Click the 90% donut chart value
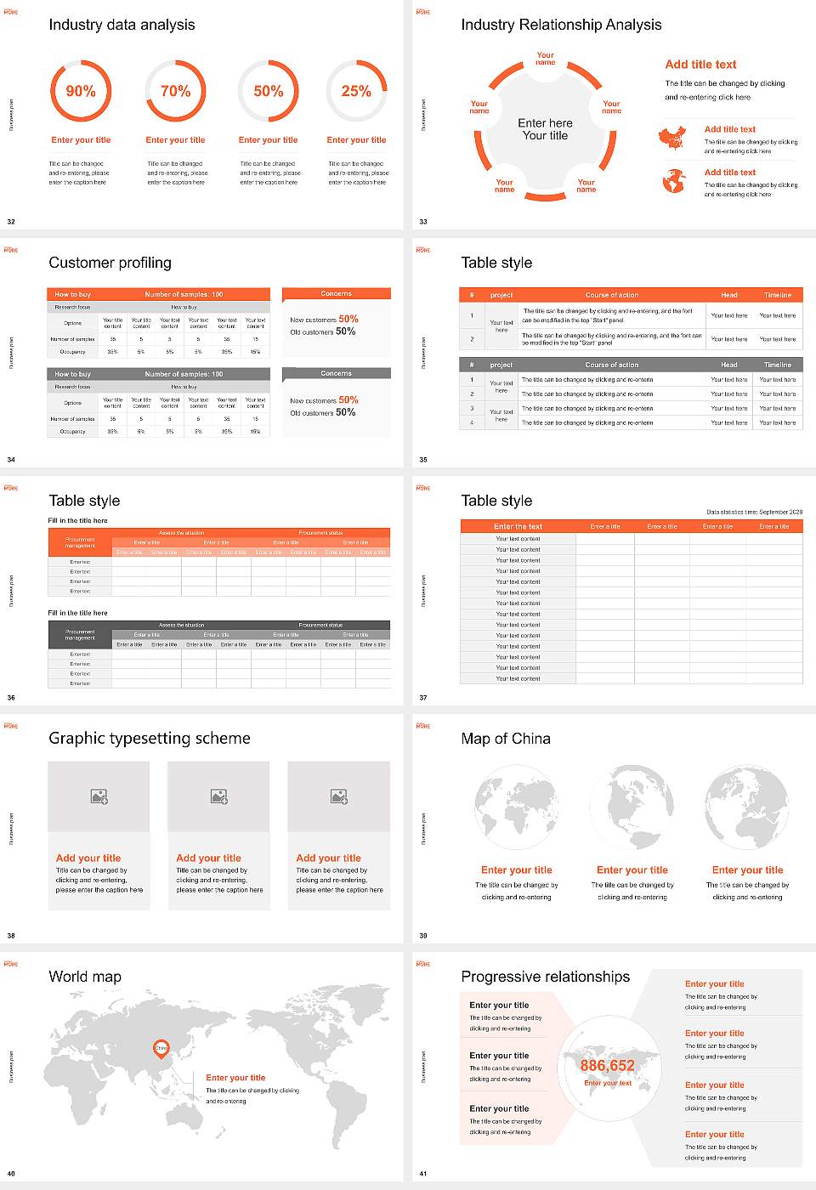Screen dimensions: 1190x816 coord(81,91)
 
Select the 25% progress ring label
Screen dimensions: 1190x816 coord(356,91)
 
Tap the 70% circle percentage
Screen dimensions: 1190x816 coord(175,91)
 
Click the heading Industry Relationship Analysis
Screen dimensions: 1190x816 coord(561,25)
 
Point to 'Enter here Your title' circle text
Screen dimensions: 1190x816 coord(545,129)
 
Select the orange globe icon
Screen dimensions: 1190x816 coord(673,180)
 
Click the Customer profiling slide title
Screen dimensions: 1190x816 coord(110,263)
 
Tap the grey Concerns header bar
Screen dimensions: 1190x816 coord(337,373)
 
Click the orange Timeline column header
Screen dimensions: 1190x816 coord(777,295)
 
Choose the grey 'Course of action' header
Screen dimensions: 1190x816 coord(611,365)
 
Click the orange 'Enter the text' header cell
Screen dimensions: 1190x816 coord(518,526)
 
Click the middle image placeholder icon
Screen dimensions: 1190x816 coord(219,796)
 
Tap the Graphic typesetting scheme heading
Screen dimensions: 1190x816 coord(150,739)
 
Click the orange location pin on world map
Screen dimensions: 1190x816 coord(161,1050)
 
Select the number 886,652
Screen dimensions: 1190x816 coord(607,1066)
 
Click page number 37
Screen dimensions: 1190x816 coord(423,698)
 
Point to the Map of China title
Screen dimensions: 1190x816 coord(506,739)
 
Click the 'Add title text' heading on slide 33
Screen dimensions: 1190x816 coord(700,65)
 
